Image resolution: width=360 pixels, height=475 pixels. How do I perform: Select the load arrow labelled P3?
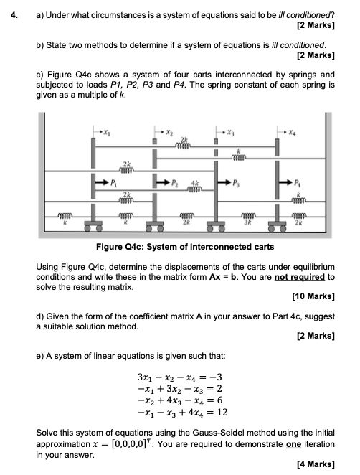pyautogui.click(x=224, y=183)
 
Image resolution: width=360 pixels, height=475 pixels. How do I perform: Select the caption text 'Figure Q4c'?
pyautogui.click(x=119, y=247)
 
